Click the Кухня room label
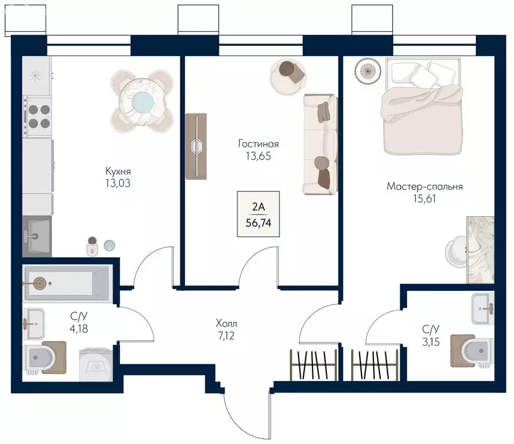[x=118, y=171]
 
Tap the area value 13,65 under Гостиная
[x=258, y=156]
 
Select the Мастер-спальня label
[x=424, y=186]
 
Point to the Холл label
[x=226, y=324]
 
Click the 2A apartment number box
[x=258, y=214]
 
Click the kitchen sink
[x=37, y=236]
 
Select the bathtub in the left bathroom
[x=68, y=283]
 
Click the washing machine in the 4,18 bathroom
[x=96, y=365]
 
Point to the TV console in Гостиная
[x=196, y=146]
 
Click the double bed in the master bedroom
[x=423, y=106]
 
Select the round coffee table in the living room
[x=288, y=77]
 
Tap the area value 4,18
[x=79, y=328]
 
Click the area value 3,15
[x=431, y=342]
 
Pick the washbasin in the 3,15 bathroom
[x=483, y=309]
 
